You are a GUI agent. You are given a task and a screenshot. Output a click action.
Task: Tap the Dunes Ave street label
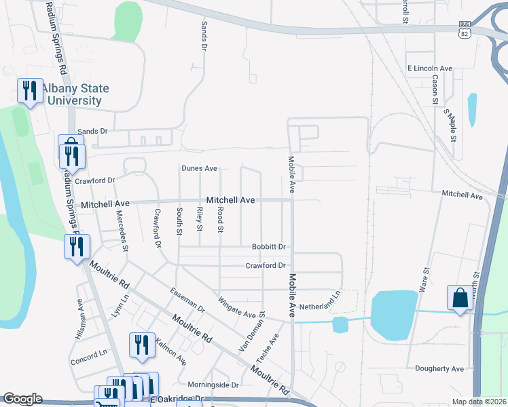pos(199,168)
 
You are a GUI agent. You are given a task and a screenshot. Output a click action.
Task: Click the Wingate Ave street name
pos(236,307)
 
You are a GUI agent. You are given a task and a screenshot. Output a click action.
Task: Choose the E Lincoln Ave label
pos(430,69)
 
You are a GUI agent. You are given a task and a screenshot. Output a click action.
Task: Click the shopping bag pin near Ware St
pos(460,297)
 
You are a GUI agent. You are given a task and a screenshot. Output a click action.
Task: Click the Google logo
pos(22,399)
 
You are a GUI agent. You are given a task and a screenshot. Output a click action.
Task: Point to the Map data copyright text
pos(479,402)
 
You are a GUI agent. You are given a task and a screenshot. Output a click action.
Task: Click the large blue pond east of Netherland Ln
pos(391,313)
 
